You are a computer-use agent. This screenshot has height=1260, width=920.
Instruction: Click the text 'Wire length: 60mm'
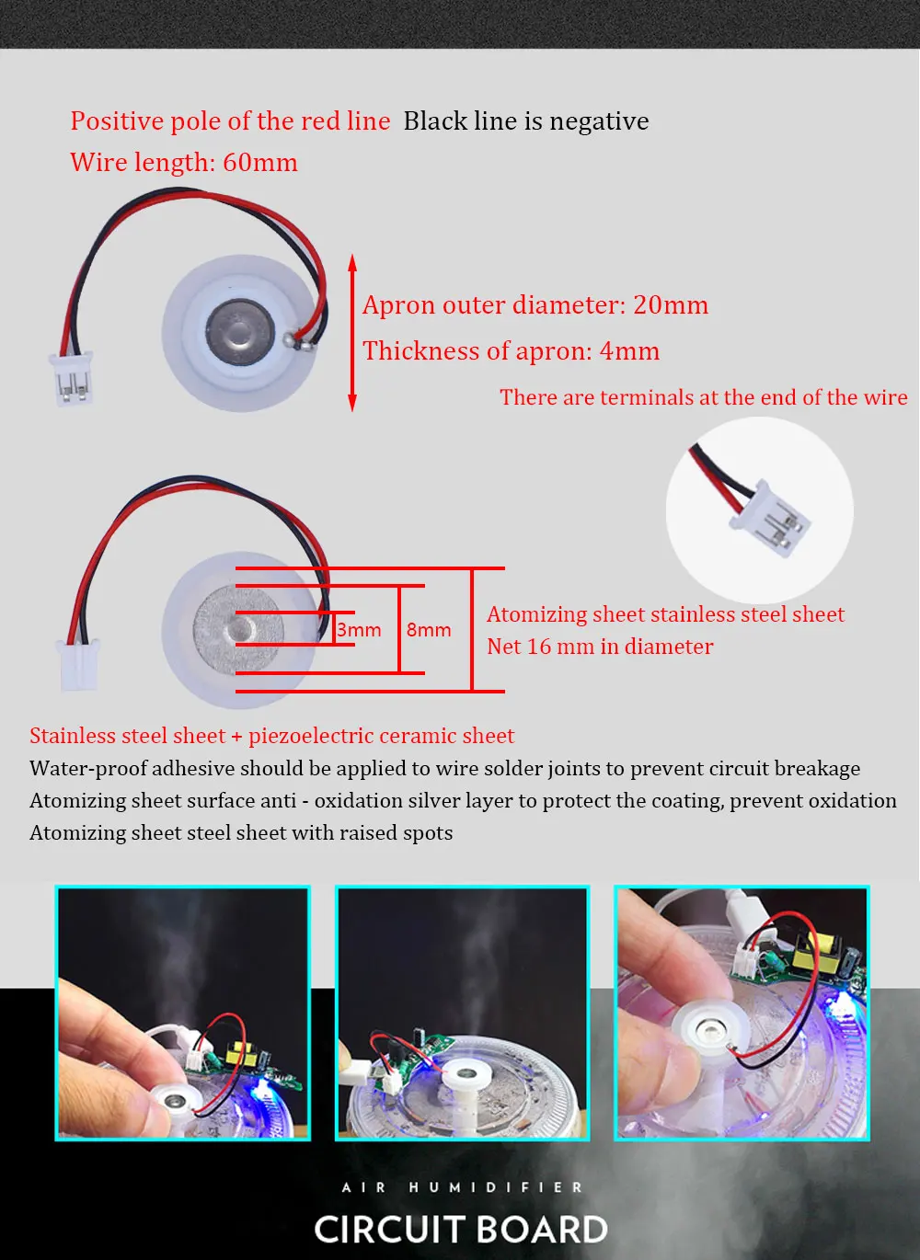click(x=183, y=163)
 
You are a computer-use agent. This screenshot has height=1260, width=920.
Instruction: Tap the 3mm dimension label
click(x=359, y=629)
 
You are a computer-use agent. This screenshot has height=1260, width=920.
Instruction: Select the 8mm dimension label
click(x=429, y=629)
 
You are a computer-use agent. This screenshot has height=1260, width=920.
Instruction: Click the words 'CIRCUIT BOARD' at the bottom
click(x=461, y=1229)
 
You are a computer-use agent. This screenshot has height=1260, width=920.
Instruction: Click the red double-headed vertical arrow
click(x=352, y=333)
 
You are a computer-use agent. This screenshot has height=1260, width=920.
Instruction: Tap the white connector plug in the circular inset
click(x=770, y=520)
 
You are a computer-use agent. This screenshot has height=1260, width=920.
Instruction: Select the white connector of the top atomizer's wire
click(x=72, y=379)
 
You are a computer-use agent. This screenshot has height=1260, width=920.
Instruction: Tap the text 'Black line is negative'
click(x=526, y=121)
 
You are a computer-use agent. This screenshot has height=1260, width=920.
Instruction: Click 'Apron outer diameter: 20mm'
click(x=535, y=305)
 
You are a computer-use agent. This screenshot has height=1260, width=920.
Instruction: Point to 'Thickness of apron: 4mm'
click(x=511, y=351)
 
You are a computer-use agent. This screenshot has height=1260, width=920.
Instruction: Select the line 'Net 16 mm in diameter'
click(x=600, y=647)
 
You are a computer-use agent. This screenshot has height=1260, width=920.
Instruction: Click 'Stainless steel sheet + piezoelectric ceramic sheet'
click(x=271, y=737)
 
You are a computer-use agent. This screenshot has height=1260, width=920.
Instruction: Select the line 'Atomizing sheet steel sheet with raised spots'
click(x=241, y=833)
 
